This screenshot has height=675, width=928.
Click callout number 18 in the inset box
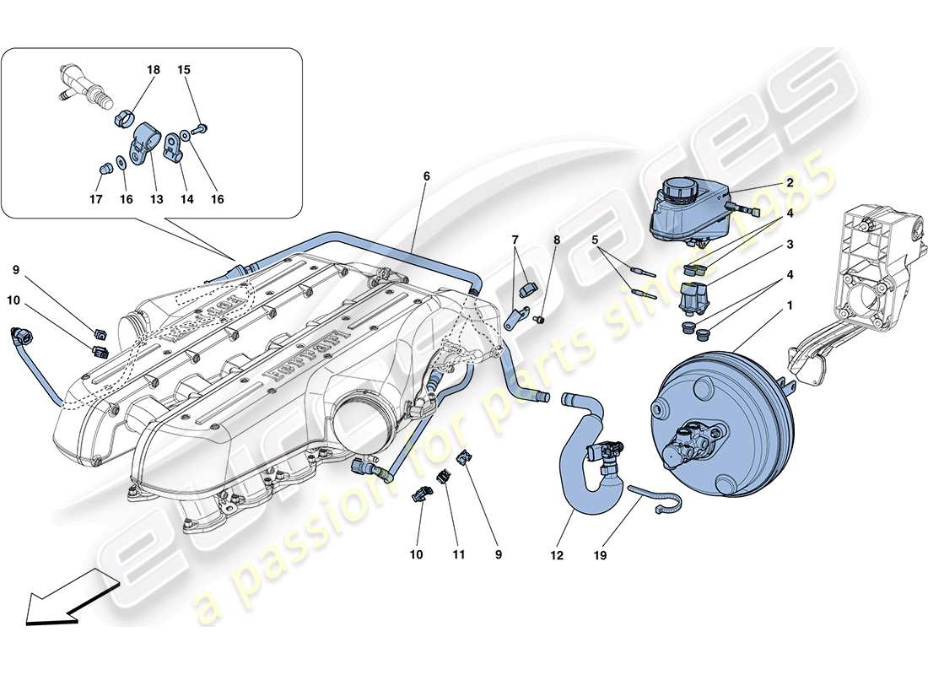154,71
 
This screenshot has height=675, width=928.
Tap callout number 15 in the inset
184,71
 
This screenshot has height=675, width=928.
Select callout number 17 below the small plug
96,200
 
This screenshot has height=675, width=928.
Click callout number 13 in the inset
155,200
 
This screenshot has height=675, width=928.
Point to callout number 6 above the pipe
426,176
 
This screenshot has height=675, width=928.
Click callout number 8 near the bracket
557,240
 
